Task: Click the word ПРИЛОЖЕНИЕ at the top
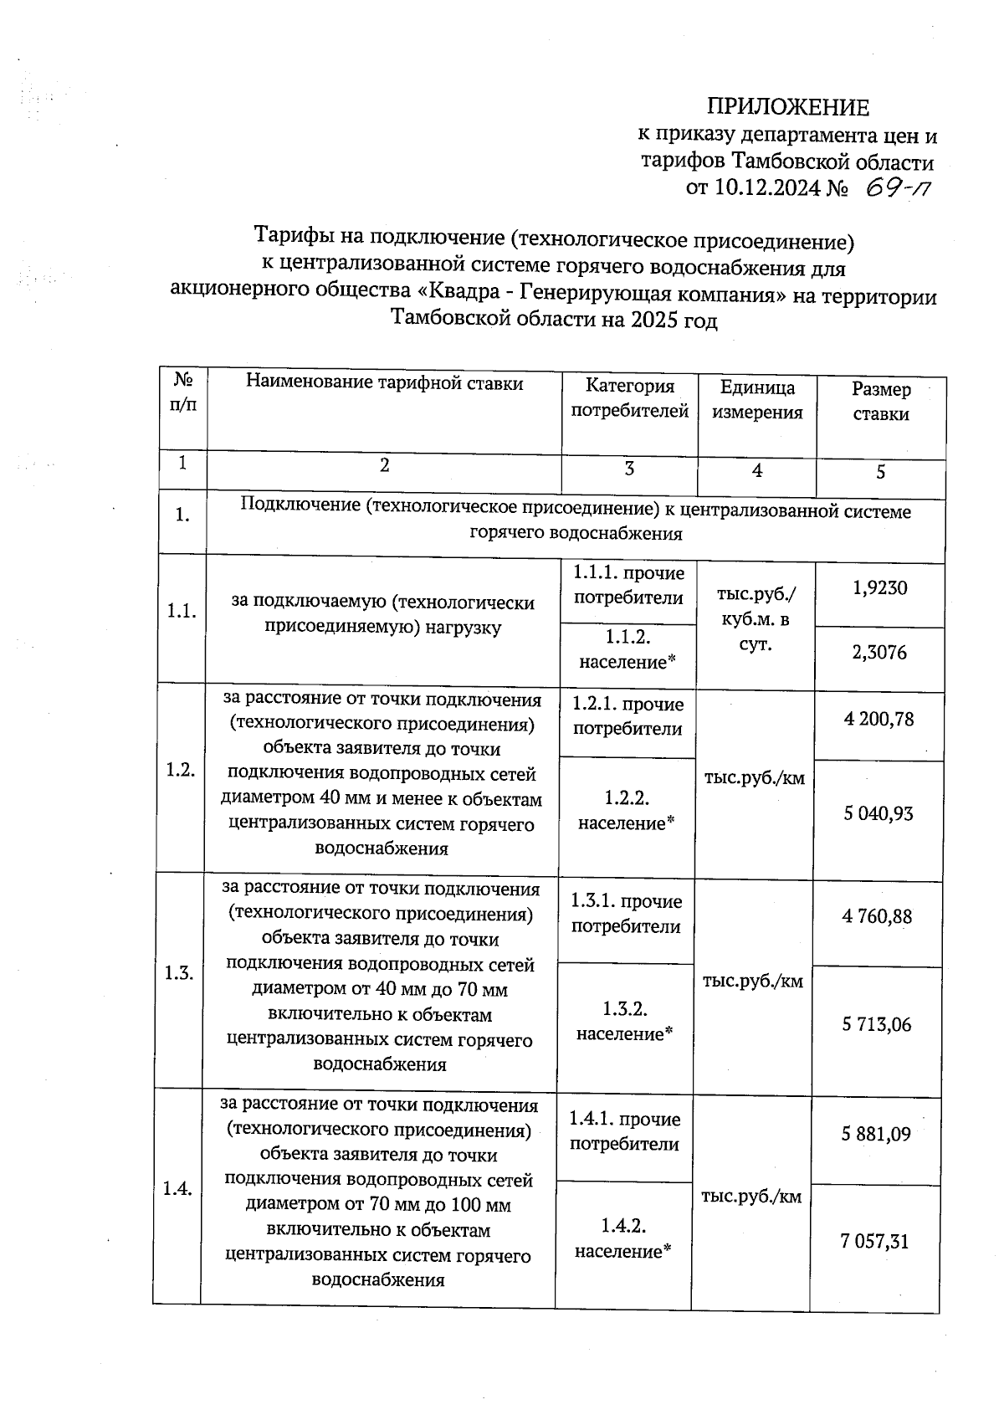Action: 788,107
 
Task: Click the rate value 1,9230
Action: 880,588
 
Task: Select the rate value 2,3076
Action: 879,653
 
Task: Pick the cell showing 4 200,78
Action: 878,719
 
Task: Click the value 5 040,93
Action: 878,813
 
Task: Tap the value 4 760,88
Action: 877,917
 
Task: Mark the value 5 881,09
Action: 875,1134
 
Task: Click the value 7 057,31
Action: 874,1242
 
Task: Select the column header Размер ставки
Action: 881,402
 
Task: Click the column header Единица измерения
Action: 757,400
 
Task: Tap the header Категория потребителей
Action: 629,398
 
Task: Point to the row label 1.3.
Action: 179,973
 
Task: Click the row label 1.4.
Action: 177,1188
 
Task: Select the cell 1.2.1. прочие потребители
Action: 627,717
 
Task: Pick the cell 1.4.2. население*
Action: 623,1239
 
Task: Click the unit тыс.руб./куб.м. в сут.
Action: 756,620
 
